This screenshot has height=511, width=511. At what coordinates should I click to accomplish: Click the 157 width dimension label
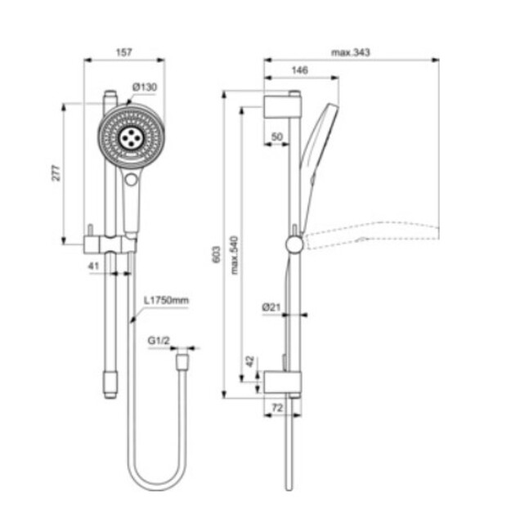(124, 52)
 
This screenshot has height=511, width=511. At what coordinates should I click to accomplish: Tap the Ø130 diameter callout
(145, 87)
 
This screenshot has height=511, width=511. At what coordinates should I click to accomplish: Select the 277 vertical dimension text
(56, 173)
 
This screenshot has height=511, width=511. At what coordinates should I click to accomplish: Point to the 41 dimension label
(93, 266)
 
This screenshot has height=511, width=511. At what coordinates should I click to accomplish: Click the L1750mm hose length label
(166, 300)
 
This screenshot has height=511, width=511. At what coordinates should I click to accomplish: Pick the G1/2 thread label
(159, 341)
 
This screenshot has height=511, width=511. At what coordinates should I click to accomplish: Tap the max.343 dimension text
(351, 52)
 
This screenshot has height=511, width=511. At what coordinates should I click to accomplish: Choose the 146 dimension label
(299, 70)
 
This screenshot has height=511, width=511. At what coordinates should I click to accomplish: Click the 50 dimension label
(276, 137)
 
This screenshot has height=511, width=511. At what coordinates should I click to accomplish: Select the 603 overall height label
(217, 254)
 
